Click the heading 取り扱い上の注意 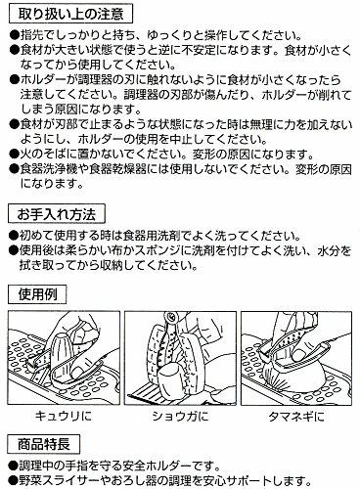(70, 15)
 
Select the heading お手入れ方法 (57, 214)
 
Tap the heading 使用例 (37, 294)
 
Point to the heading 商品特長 (44, 444)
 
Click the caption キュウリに (64, 417)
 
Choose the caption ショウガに (180, 417)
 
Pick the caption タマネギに (296, 417)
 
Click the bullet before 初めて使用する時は (13, 236)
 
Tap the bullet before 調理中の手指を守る (13, 466)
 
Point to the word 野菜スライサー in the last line (60, 480)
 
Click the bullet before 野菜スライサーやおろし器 (13, 480)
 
